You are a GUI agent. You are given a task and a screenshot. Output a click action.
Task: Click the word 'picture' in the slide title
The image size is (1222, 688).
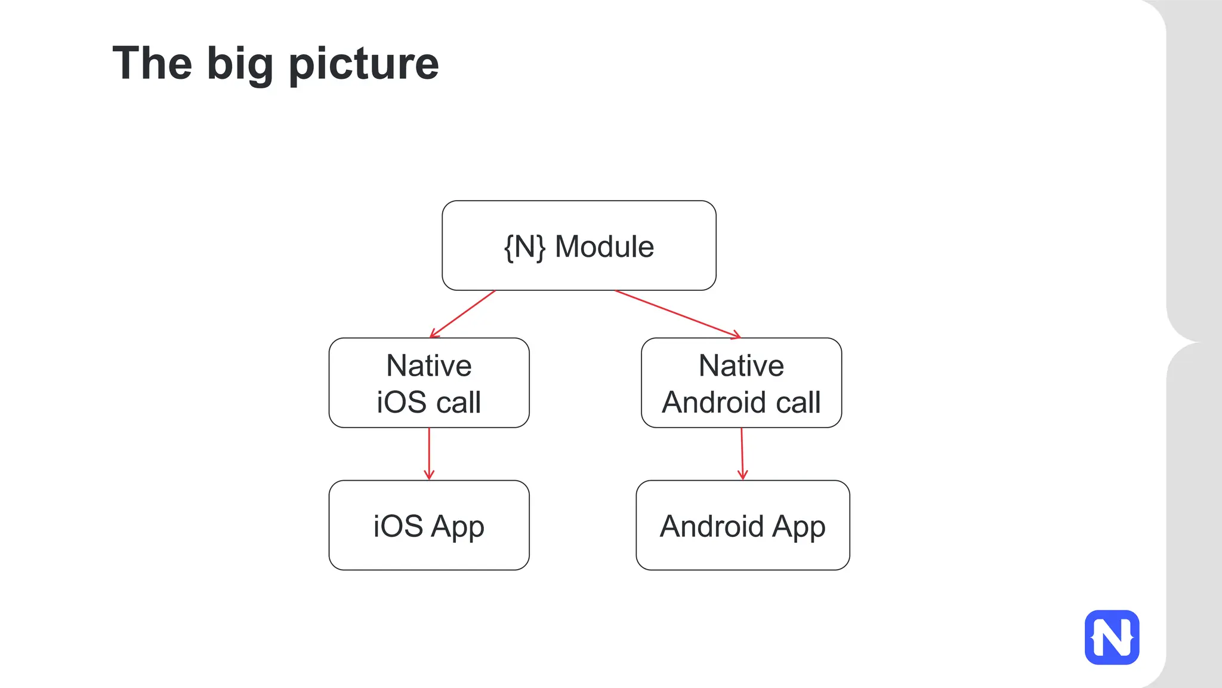(363, 64)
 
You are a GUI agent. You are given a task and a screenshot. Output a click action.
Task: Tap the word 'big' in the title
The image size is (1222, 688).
(240, 64)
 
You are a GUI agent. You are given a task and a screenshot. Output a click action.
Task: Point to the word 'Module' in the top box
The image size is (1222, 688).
(604, 247)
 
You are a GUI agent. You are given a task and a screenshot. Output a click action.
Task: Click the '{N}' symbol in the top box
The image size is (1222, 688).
(524, 247)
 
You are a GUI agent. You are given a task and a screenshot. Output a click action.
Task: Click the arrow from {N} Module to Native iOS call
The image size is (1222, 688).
(462, 314)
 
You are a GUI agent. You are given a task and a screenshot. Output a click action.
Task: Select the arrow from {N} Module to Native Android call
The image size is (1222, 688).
(677, 314)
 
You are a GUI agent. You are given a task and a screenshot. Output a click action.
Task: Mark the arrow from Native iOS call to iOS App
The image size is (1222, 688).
(429, 453)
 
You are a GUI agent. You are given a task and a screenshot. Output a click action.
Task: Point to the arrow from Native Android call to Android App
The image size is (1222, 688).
(742, 453)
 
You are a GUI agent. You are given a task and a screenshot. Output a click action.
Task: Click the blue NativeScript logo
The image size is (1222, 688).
(1112, 637)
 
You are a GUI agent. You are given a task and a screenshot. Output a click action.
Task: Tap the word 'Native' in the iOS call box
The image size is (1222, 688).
(429, 365)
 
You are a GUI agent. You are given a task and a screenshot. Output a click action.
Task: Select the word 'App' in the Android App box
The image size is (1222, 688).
(799, 527)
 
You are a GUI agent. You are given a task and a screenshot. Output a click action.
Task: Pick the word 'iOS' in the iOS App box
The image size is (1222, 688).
(399, 527)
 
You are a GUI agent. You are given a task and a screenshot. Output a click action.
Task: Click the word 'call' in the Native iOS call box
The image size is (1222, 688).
(458, 402)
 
